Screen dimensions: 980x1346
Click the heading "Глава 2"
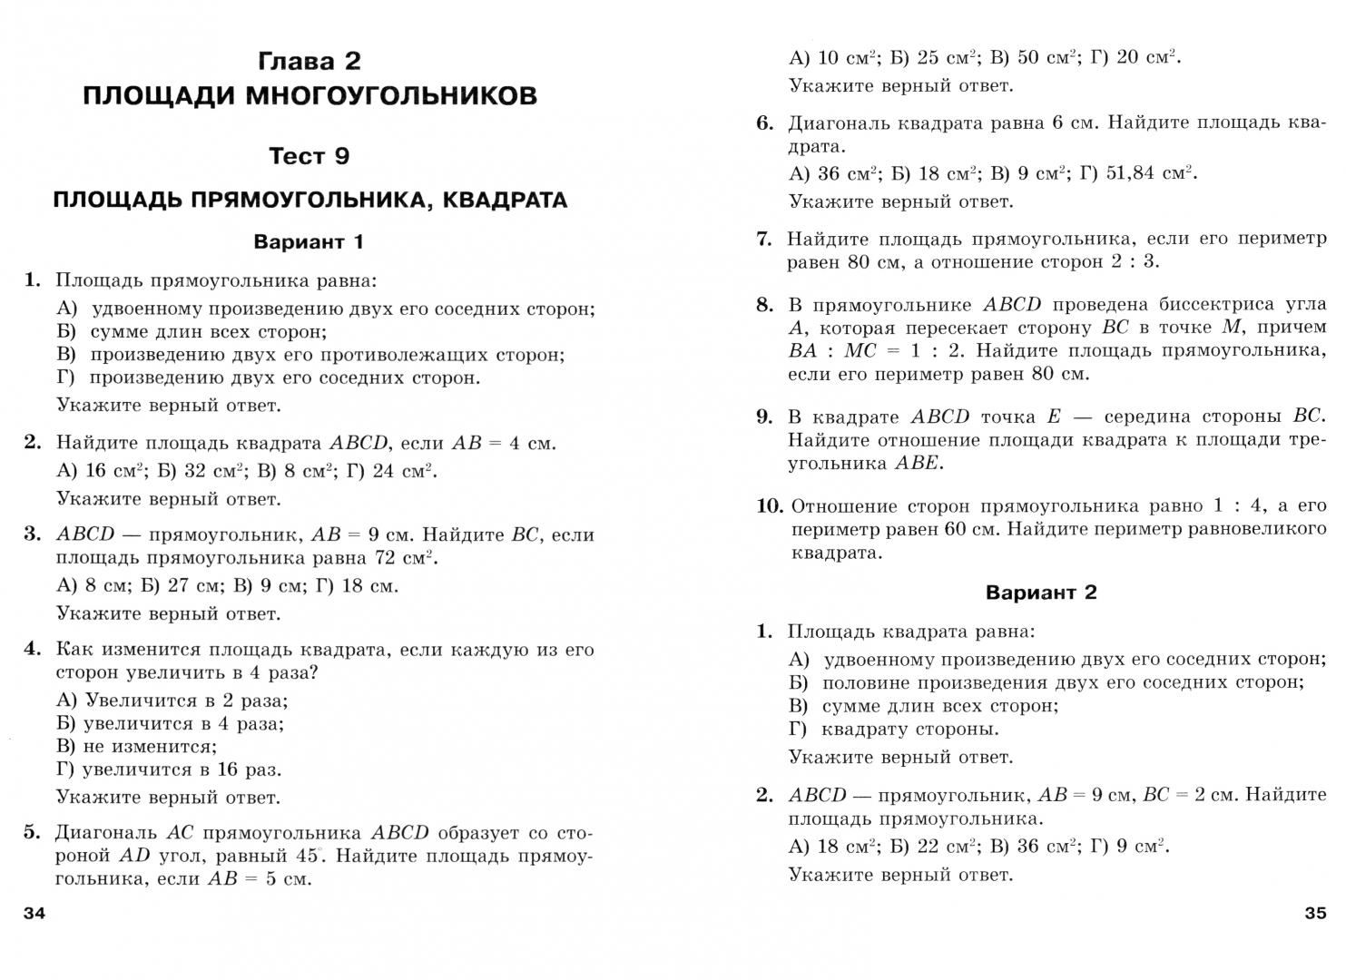tap(309, 61)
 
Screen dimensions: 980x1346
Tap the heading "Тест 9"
tap(309, 156)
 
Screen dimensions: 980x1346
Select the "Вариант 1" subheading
tap(309, 241)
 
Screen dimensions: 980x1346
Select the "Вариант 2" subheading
tap(1041, 593)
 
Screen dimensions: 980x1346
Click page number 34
tap(34, 913)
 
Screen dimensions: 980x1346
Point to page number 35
tap(1315, 913)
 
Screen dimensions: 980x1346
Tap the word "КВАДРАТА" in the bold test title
tap(505, 200)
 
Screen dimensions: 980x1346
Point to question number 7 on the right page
tap(764, 240)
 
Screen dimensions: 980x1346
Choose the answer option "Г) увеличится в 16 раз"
tap(170, 769)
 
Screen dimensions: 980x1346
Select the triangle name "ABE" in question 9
tap(919, 464)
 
